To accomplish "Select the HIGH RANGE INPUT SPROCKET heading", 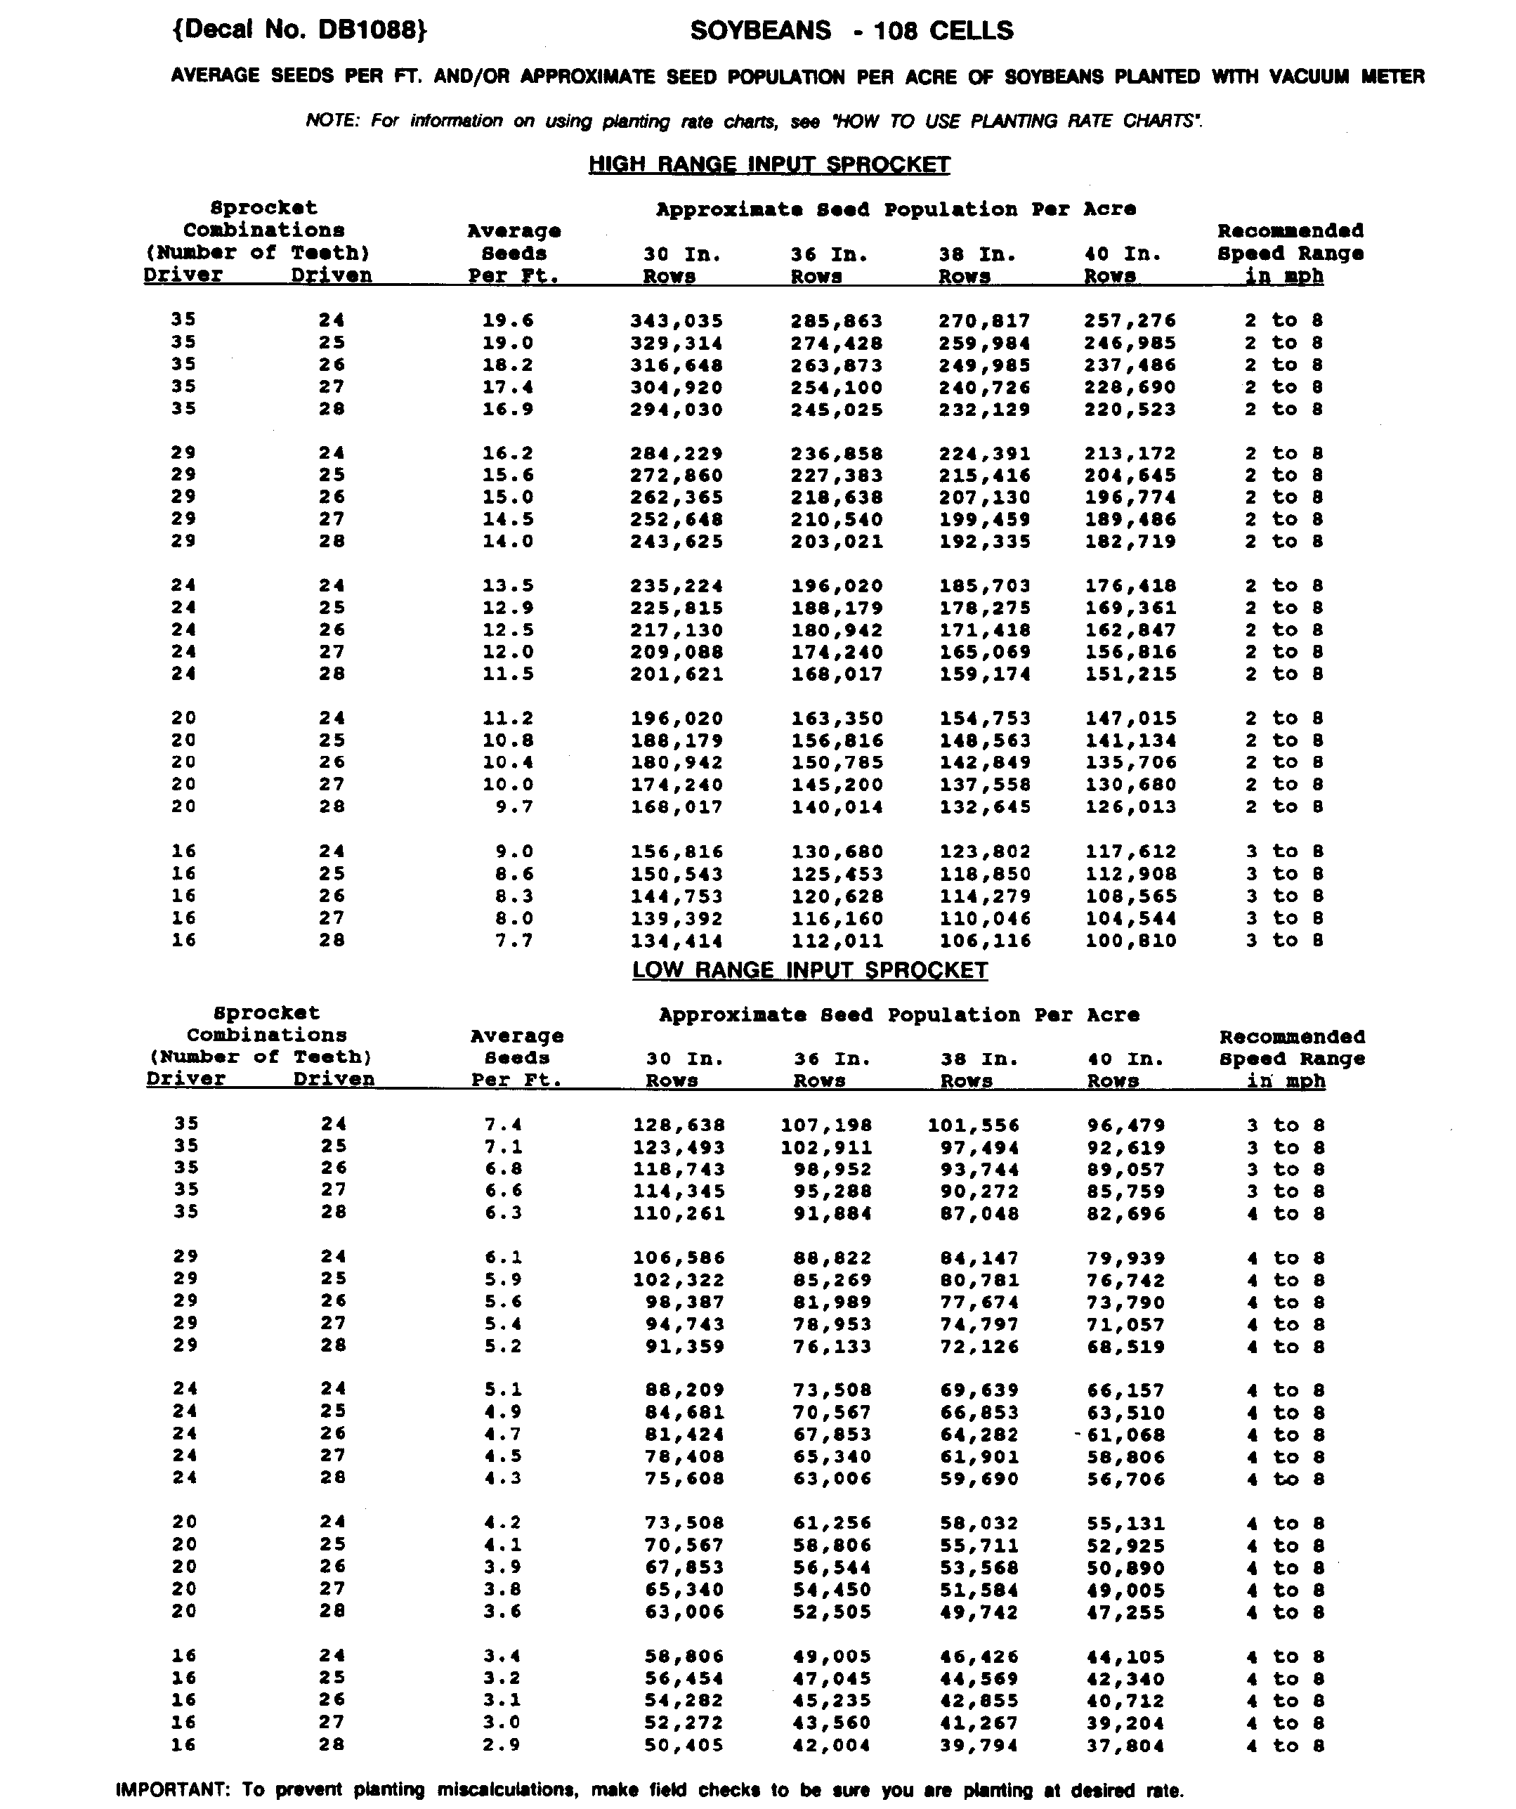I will (x=769, y=164).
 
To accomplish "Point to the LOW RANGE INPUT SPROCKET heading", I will (x=810, y=970).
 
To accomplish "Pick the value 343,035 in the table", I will (x=677, y=321).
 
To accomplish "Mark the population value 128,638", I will (x=679, y=1125).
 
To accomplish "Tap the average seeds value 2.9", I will (x=503, y=1745).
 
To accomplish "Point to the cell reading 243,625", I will (x=677, y=542).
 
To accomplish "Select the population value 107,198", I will (x=826, y=1125).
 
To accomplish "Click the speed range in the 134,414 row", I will (x=1283, y=941).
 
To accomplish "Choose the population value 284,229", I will (x=677, y=454).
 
